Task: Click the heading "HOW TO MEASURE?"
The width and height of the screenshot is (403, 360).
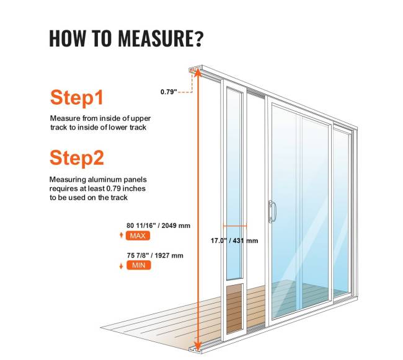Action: (x=126, y=38)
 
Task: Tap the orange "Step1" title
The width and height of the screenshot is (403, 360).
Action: (x=77, y=97)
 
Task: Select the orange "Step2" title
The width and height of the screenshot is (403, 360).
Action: (x=77, y=157)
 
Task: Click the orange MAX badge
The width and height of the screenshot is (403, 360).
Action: (x=138, y=235)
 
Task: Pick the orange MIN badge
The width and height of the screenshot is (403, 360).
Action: (x=138, y=265)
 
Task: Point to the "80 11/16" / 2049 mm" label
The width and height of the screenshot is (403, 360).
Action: (x=158, y=226)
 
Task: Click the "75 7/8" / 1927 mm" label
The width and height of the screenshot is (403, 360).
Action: (x=155, y=255)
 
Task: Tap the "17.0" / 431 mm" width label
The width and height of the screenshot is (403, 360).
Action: (x=234, y=240)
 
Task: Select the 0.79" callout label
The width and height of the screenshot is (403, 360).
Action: (x=169, y=92)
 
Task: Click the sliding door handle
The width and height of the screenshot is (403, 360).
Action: (x=272, y=211)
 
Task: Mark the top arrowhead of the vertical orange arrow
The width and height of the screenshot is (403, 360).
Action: (x=197, y=73)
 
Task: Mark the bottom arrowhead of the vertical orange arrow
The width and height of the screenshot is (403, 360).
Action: (x=197, y=346)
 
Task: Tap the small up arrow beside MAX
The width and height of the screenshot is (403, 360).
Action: (x=122, y=235)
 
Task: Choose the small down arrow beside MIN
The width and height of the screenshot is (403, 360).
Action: (x=122, y=266)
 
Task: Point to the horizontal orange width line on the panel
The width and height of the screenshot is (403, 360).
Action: (x=235, y=226)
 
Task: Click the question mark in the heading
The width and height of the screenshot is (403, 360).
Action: (x=198, y=38)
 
